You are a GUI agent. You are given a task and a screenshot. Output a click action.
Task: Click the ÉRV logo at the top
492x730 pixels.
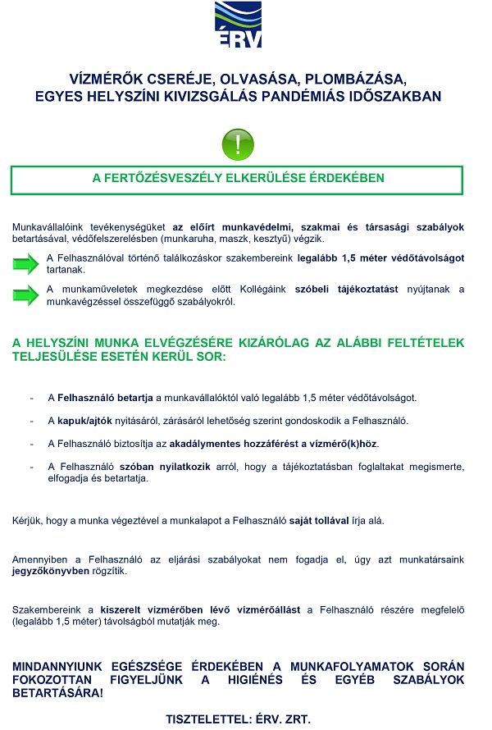click(x=239, y=25)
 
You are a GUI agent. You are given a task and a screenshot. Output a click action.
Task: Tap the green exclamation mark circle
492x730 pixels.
click(x=239, y=144)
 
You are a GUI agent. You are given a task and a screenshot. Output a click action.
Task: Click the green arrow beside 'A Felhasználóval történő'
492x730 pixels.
click(x=26, y=263)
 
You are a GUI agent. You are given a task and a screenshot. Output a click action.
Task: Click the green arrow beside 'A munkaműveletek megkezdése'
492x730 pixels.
click(x=26, y=294)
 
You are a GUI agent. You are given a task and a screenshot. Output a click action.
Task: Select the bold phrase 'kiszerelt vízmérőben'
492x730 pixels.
click(x=149, y=610)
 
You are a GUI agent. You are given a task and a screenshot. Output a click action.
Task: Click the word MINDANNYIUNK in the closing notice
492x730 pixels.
click(x=63, y=666)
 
